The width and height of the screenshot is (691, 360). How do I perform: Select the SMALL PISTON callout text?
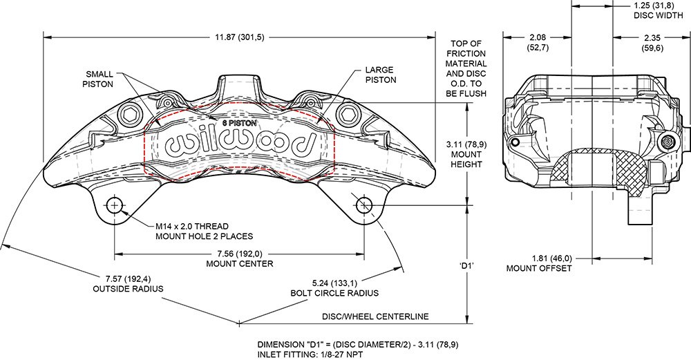pyautogui.click(x=100, y=79)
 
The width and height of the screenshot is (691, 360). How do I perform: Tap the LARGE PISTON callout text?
pyautogui.click(x=379, y=75)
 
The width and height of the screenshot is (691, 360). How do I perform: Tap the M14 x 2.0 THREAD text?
pyautogui.click(x=191, y=226)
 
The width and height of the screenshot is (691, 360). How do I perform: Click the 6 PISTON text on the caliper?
pyautogui.click(x=238, y=122)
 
